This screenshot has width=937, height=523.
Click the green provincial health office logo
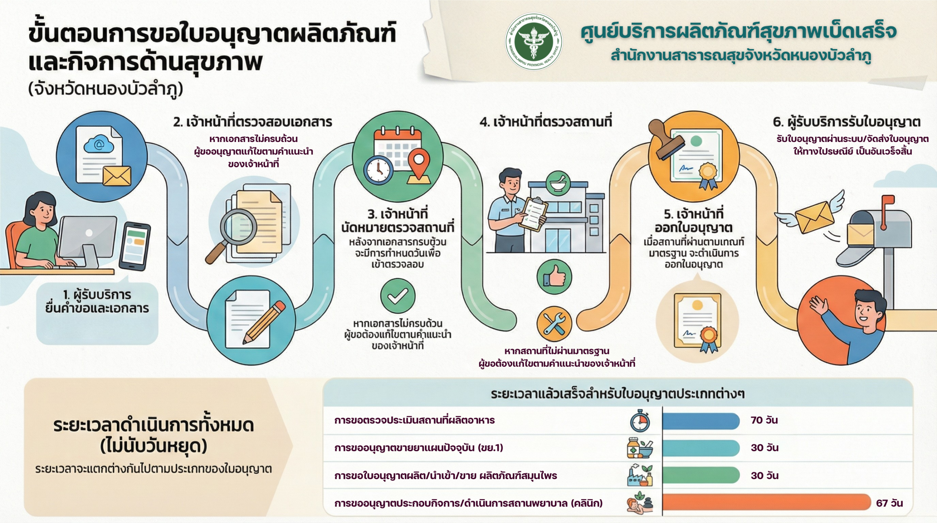(x=534, y=42)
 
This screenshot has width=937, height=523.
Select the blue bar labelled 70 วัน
(x=701, y=421)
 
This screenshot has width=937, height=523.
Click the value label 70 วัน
(x=764, y=420)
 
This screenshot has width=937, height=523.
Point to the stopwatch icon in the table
(x=640, y=421)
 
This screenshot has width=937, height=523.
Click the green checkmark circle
(x=397, y=296)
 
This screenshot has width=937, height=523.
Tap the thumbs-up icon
(x=555, y=277)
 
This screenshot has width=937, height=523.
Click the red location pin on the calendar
(x=419, y=163)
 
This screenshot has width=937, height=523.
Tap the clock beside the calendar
(x=378, y=170)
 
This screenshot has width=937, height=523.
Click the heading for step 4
(x=546, y=122)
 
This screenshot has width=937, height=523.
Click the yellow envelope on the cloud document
(x=117, y=176)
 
